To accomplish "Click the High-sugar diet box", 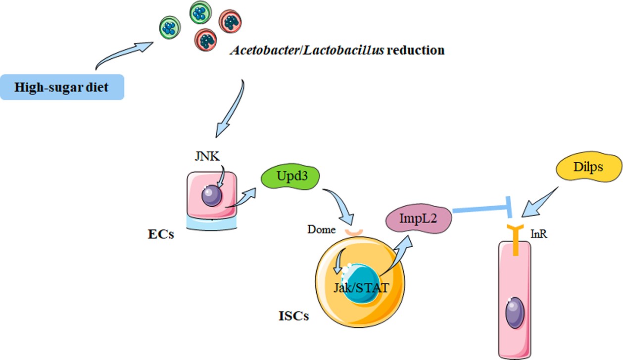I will pos(62,88).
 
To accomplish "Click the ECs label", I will pos(161,234).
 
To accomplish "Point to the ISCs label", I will pos(293,315).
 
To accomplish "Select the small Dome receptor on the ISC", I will pos(354,231).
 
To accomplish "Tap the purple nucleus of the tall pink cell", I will pos(515,312).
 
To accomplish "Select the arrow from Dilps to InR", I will pos(542,203).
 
